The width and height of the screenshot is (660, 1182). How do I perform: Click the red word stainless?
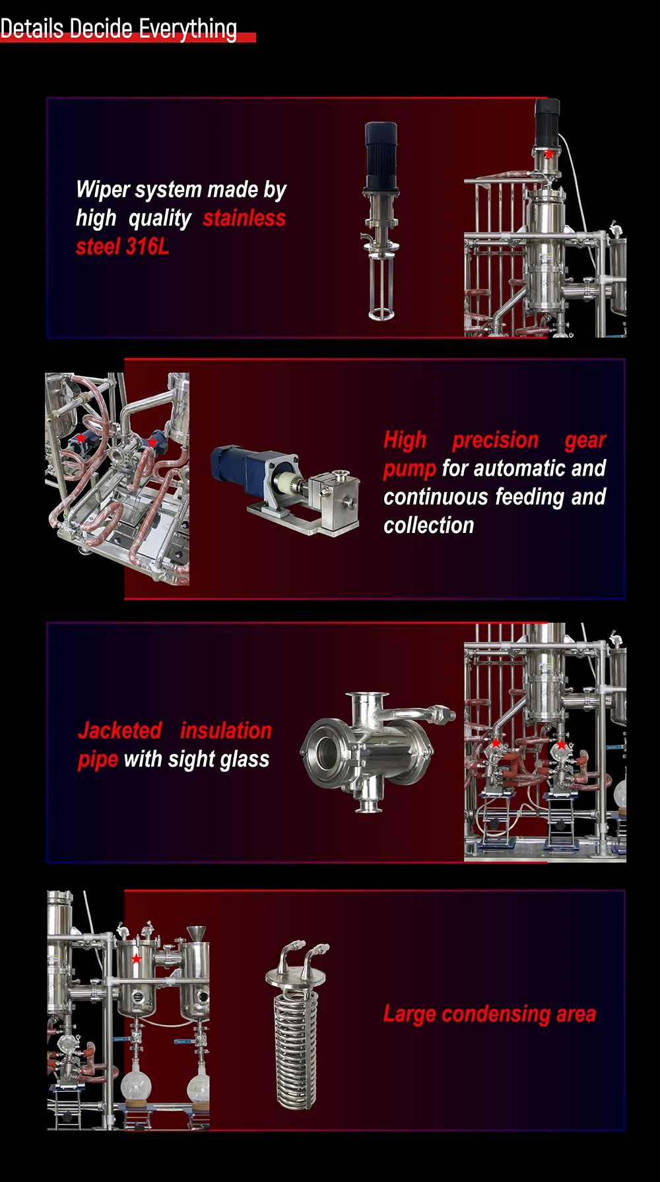pos(244,218)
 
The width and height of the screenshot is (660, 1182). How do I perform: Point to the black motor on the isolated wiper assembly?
pos(381,148)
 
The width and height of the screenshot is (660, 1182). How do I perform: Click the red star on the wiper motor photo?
pos(549,154)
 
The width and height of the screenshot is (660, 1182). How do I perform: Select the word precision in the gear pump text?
pos(495,440)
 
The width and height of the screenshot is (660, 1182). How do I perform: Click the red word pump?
pos(409,469)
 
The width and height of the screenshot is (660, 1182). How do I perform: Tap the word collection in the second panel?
pos(429,526)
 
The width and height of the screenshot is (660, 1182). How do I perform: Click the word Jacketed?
pos(120,731)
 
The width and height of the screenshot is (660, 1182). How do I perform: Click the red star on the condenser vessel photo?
pos(136,959)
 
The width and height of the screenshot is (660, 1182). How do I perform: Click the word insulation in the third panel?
pos(226,731)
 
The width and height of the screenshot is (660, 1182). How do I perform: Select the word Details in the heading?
pos(32,30)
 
